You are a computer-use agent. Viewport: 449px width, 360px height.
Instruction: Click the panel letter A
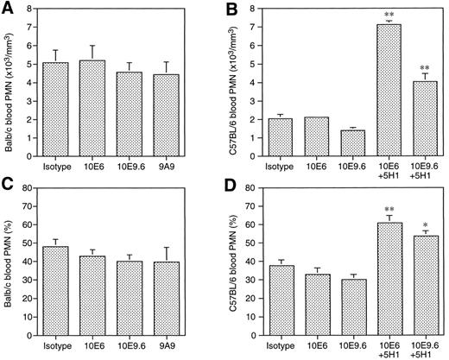(7, 8)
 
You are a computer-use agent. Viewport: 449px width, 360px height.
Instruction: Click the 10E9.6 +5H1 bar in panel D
(420, 286)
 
